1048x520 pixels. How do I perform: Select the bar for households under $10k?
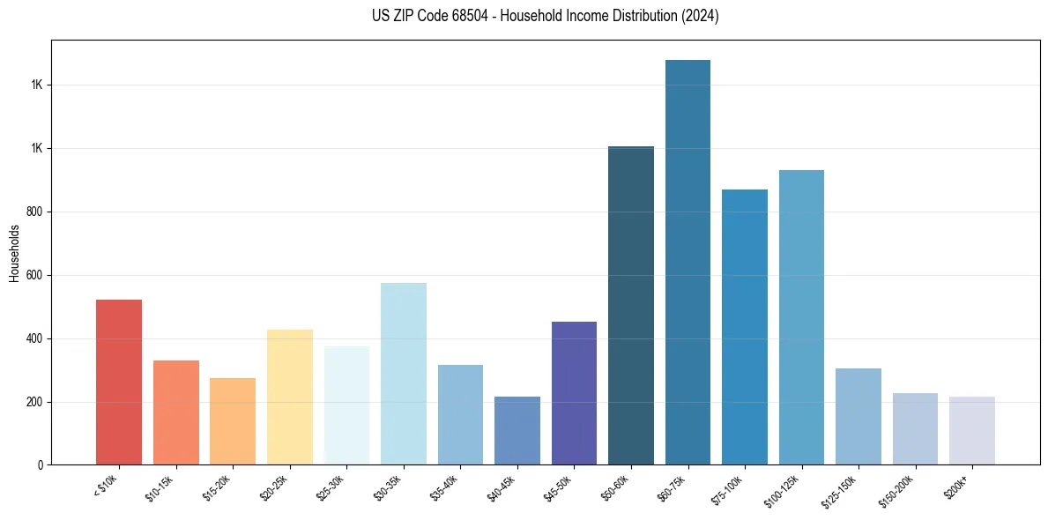click(x=119, y=383)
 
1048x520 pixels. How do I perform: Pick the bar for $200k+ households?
click(x=971, y=431)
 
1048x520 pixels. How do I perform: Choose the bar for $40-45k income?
click(x=517, y=431)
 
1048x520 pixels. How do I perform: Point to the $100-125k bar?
click(x=801, y=317)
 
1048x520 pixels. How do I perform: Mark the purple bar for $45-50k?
click(x=574, y=393)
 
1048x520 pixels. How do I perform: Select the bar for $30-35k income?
click(x=404, y=374)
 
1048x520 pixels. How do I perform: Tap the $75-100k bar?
click(x=745, y=327)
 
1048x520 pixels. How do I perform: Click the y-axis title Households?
click(x=14, y=253)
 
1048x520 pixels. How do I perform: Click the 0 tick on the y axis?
click(x=39, y=465)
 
